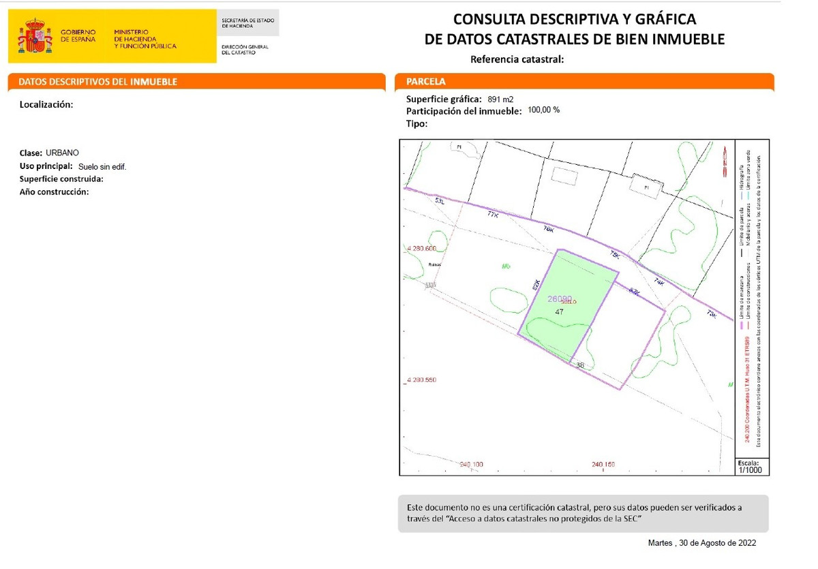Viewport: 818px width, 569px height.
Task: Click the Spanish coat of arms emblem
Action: point(35,36)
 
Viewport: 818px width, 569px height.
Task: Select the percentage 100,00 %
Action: point(544,110)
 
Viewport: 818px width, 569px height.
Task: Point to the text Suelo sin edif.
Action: point(102,166)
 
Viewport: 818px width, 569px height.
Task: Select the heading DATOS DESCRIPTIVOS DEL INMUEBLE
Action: point(97,82)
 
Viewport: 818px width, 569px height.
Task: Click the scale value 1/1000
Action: point(750,470)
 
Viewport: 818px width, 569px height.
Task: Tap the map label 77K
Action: point(493,214)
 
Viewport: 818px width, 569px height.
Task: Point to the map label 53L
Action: point(440,201)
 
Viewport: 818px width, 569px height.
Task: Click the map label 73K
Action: point(712,314)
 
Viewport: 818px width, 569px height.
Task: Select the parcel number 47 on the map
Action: point(559,311)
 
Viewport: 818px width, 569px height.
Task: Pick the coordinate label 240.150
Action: point(603,464)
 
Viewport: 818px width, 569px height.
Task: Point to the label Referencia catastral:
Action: point(517,59)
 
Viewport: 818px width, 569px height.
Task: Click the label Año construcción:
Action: point(55,191)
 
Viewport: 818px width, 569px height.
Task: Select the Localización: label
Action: point(46,104)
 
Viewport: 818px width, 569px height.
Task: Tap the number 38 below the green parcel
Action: point(580,365)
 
